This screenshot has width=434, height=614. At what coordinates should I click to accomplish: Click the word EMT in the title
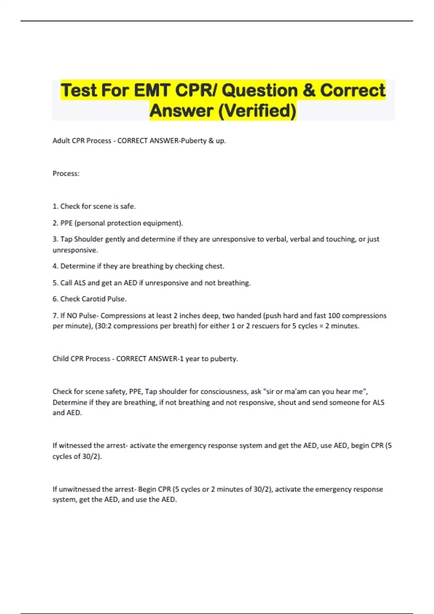(x=152, y=90)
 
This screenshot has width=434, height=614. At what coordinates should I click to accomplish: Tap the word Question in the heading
(x=259, y=90)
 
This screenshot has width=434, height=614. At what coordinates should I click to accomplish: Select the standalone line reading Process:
(x=66, y=173)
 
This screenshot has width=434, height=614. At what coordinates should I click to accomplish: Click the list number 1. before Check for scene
(x=55, y=206)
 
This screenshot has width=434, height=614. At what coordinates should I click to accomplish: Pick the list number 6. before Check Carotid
(x=55, y=299)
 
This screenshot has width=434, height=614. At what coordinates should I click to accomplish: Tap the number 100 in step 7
(x=334, y=316)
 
